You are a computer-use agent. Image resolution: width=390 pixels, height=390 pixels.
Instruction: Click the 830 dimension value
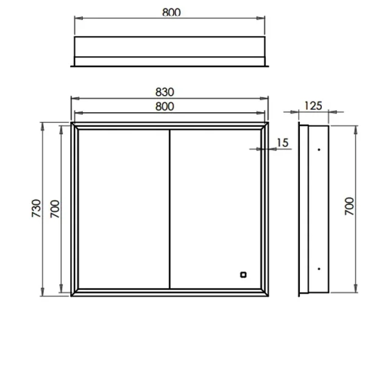click(x=165, y=92)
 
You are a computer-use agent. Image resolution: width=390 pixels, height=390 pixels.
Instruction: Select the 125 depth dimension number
click(x=313, y=106)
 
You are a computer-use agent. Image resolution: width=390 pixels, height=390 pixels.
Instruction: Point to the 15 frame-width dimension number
click(x=283, y=143)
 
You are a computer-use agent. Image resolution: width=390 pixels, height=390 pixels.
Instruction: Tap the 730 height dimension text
click(x=36, y=208)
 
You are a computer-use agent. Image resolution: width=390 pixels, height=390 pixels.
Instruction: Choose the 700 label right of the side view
click(x=349, y=208)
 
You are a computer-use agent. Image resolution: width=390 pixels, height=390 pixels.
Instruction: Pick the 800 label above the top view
click(x=172, y=12)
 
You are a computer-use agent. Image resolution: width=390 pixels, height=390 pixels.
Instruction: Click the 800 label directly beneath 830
click(x=165, y=107)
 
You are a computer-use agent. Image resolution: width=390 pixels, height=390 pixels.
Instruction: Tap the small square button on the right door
click(x=243, y=274)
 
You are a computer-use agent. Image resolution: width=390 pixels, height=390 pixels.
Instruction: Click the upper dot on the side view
click(x=318, y=149)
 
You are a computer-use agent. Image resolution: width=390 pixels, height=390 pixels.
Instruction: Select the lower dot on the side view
click(x=318, y=268)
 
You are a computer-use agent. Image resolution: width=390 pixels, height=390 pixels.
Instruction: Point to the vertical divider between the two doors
click(x=168, y=208)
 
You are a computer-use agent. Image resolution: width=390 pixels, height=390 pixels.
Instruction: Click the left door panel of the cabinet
click(x=122, y=208)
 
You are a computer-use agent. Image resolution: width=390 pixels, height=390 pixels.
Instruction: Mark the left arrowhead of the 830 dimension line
click(x=74, y=99)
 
